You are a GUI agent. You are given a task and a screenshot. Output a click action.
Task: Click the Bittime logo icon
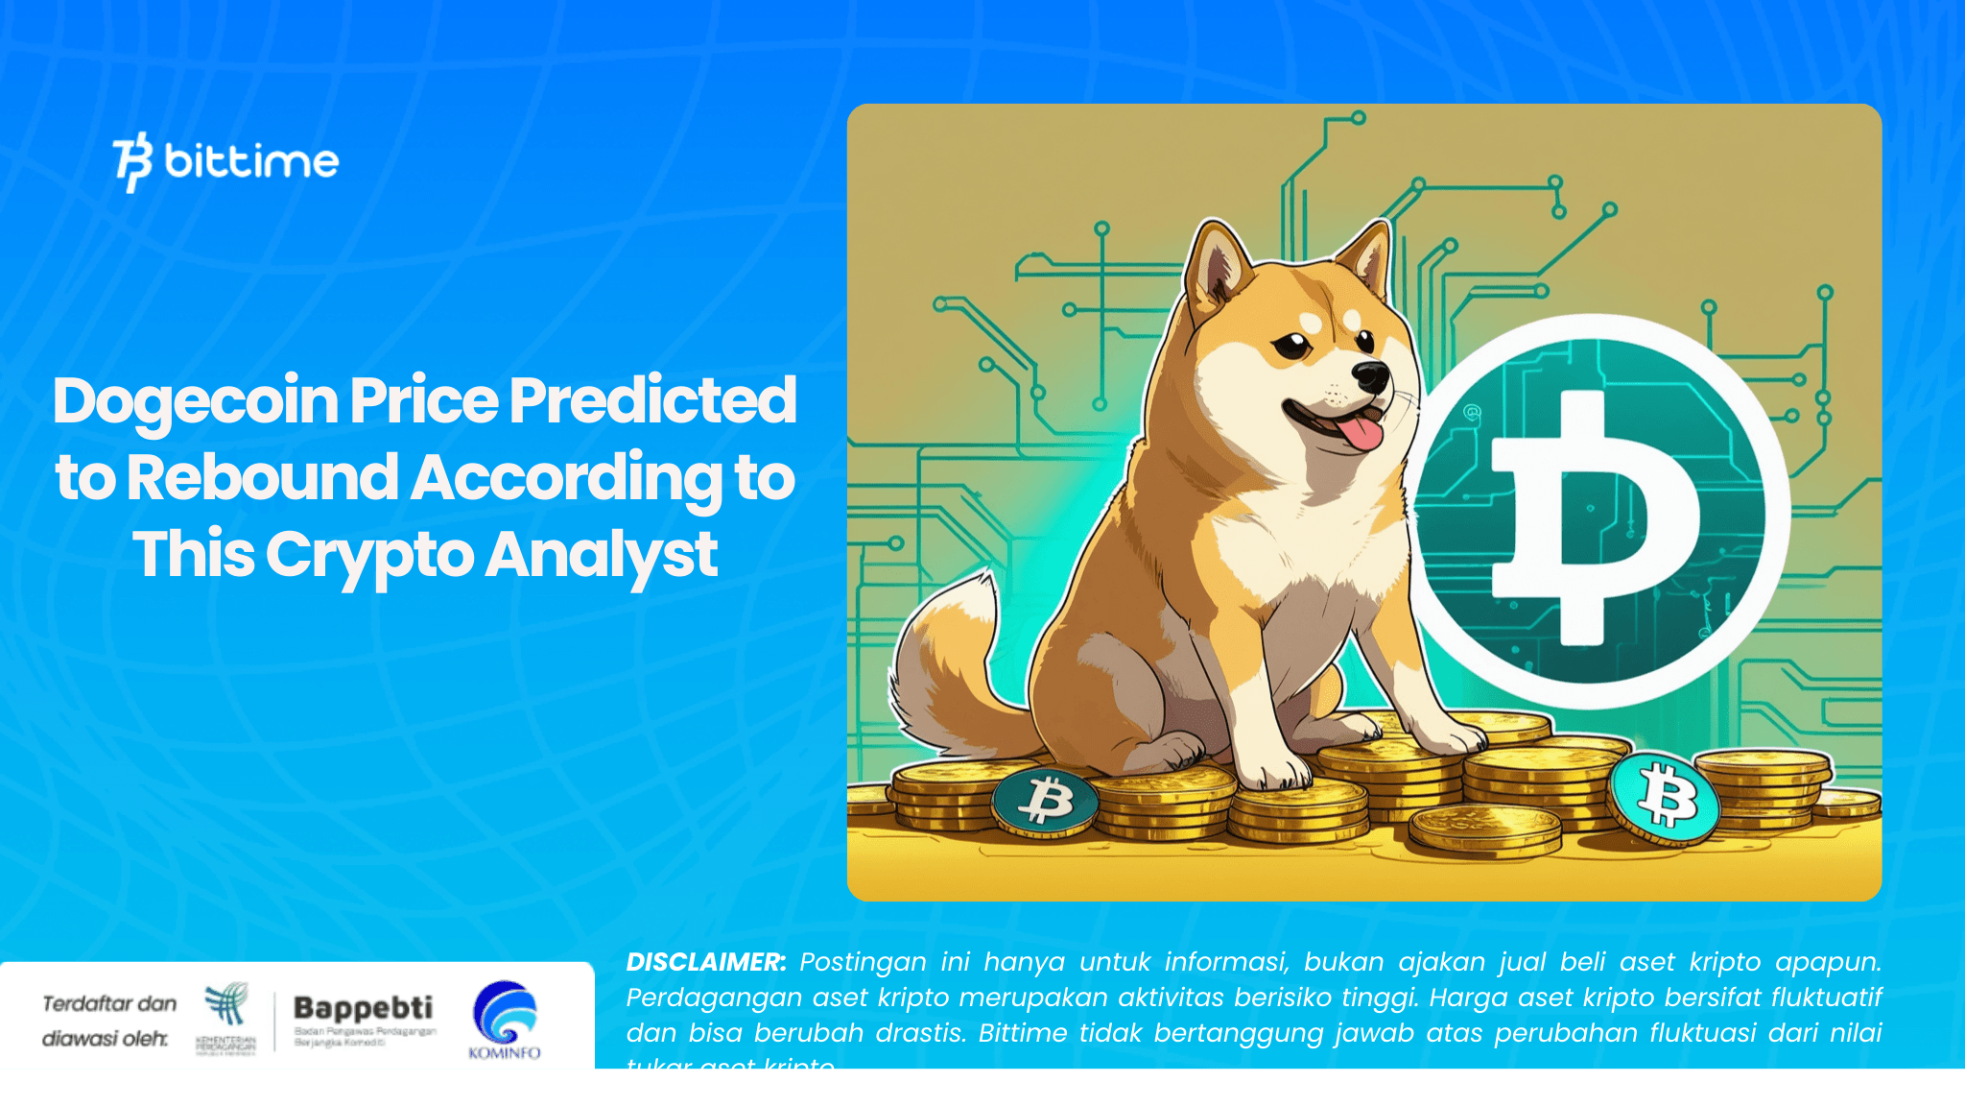[x=132, y=161]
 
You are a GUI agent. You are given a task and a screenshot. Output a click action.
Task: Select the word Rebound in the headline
[x=262, y=477]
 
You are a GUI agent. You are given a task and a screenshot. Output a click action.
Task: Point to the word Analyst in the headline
[x=601, y=555]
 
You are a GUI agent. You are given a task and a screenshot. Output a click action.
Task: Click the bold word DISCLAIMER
[x=705, y=962]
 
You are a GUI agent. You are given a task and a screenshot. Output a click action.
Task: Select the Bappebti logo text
[x=363, y=1007]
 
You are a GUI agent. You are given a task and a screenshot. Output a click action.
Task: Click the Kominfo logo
[x=505, y=1019]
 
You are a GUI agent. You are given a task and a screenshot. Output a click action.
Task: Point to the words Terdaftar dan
[x=109, y=1004]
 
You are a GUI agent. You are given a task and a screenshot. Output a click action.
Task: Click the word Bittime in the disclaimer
[x=1023, y=1033]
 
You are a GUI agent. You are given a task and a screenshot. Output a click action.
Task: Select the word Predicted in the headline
[x=652, y=401]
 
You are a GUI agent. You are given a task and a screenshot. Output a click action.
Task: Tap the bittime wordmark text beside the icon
[x=251, y=161]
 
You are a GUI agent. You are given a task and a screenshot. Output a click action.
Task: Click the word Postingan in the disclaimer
[x=863, y=962]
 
